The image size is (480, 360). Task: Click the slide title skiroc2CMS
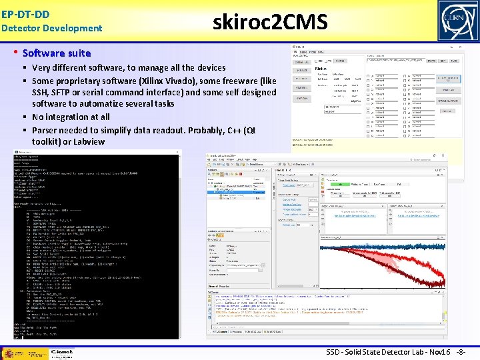(x=270, y=23)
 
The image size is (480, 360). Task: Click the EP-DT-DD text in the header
(x=25, y=13)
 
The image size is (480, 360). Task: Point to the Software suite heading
(x=57, y=53)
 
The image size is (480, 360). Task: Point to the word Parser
(x=45, y=129)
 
